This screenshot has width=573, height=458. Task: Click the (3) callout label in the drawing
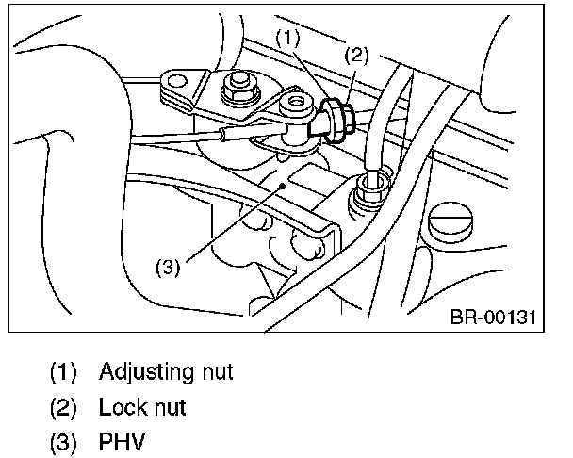pyautogui.click(x=166, y=266)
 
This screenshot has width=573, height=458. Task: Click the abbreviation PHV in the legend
pyautogui.click(x=123, y=441)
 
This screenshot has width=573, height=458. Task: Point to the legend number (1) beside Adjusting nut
pyautogui.click(x=64, y=371)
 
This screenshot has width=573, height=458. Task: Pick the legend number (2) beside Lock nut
pyautogui.click(x=64, y=407)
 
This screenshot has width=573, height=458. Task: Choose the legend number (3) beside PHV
pyautogui.click(x=64, y=441)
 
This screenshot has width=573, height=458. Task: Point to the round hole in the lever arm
pyautogui.click(x=298, y=103)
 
